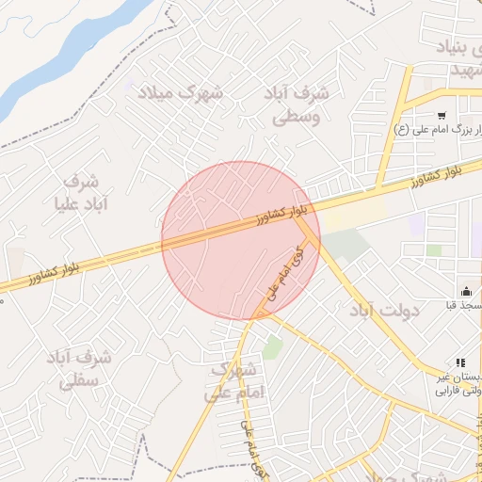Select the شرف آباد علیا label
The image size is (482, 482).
coord(88,191)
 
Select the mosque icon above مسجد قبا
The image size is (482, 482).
coord(465,291)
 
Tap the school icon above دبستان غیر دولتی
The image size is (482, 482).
coord(460,362)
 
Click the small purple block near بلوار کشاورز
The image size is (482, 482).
coord(416,224)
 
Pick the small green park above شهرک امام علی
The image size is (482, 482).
coord(273,346)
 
